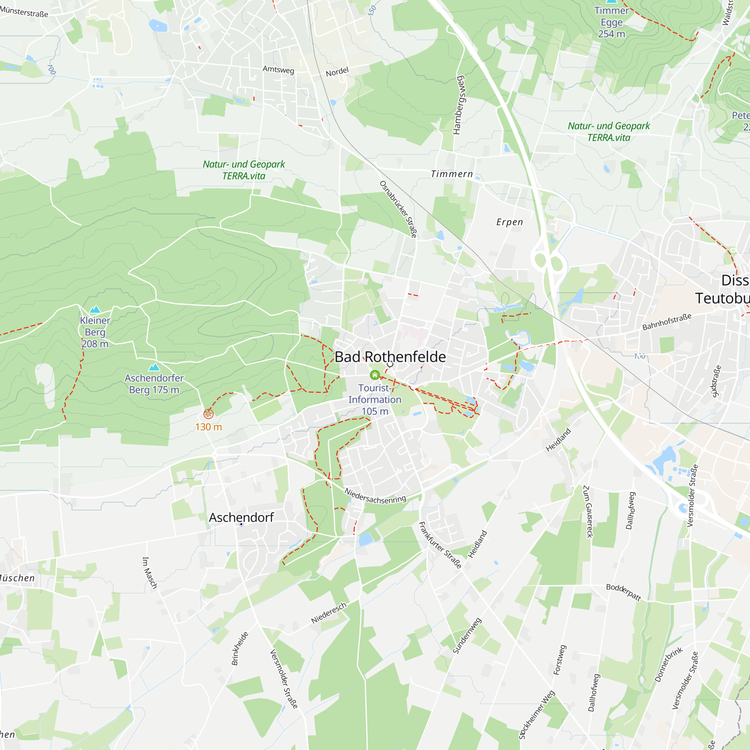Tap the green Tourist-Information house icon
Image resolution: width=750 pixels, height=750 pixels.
tap(375, 375)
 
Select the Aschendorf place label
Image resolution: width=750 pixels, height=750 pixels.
tap(241, 517)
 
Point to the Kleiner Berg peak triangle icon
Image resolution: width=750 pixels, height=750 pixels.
tap(95, 309)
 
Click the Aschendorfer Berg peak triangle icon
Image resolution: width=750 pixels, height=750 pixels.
tap(154, 367)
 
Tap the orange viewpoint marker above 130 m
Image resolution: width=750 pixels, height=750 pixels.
tap(208, 414)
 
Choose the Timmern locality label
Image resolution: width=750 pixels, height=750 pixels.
tap(452, 174)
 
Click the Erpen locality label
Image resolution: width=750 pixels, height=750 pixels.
tap(510, 222)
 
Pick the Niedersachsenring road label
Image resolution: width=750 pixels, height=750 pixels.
tap(375, 496)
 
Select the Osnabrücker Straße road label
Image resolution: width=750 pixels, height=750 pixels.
tap(398, 209)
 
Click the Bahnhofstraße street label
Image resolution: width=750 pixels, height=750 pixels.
tap(667, 322)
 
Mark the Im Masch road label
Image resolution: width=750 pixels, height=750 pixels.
tap(150, 573)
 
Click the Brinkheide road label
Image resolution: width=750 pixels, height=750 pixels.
tap(240, 649)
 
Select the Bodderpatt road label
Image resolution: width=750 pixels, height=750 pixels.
tap(624, 592)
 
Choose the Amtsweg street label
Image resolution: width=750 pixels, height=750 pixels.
tap(278, 69)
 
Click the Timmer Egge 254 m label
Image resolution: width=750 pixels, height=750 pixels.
tap(611, 22)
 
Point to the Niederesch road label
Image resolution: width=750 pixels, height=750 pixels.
tap(328, 613)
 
